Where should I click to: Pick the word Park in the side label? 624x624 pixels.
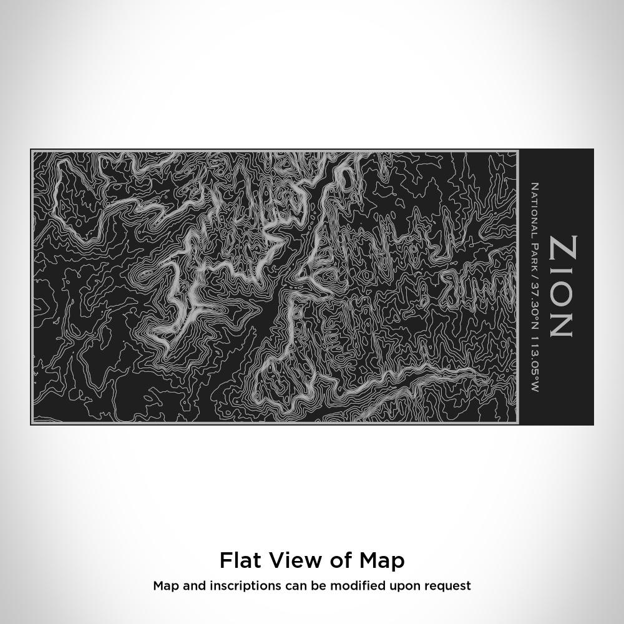point(534,255)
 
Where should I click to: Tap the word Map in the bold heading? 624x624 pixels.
point(382,561)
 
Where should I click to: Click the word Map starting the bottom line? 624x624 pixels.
point(164,587)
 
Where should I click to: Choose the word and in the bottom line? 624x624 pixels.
point(190,586)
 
